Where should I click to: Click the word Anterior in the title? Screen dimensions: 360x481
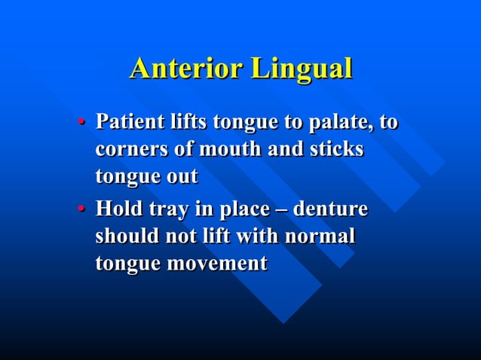coord(185,69)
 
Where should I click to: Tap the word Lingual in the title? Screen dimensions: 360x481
coord(302,69)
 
